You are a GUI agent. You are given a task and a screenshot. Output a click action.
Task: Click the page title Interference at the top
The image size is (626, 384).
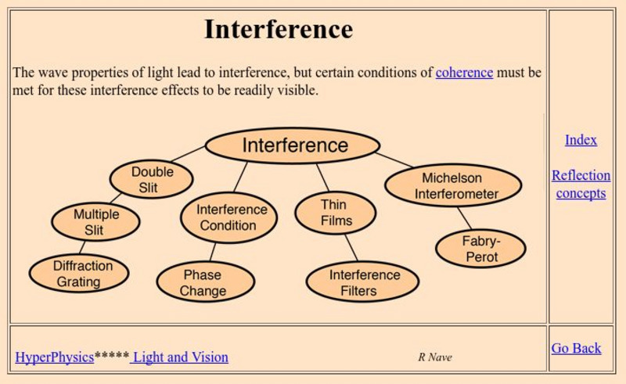click(278, 30)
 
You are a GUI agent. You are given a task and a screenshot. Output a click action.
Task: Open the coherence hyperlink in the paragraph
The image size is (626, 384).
click(464, 73)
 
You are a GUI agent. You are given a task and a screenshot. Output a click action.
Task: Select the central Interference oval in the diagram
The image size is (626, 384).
click(293, 145)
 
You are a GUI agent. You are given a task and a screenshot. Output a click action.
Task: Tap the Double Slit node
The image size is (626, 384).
click(152, 180)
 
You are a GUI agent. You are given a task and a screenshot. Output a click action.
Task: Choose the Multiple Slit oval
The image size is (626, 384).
click(95, 222)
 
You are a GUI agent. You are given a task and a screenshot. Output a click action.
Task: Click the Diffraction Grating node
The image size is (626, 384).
click(79, 274)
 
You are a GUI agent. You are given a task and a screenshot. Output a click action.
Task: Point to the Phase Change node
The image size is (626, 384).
click(205, 282)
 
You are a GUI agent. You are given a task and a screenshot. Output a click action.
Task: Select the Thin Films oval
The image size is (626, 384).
click(335, 212)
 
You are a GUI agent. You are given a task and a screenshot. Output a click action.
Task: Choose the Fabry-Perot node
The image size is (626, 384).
click(480, 249)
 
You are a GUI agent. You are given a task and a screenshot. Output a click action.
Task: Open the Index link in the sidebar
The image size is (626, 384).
click(581, 140)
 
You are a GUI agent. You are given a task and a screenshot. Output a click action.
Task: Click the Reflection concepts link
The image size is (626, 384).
click(581, 184)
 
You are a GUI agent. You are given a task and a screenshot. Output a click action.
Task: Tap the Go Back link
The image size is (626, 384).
click(576, 348)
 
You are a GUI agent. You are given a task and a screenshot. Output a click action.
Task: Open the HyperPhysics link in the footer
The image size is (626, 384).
click(54, 357)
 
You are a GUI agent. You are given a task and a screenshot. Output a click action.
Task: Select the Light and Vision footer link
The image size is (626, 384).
click(180, 357)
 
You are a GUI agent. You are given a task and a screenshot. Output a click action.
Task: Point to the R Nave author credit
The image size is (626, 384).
click(434, 357)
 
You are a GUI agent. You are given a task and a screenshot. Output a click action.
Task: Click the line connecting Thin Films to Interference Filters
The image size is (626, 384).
click(351, 248)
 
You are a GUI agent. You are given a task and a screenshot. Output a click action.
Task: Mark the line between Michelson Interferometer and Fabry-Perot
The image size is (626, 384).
click(464, 218)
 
